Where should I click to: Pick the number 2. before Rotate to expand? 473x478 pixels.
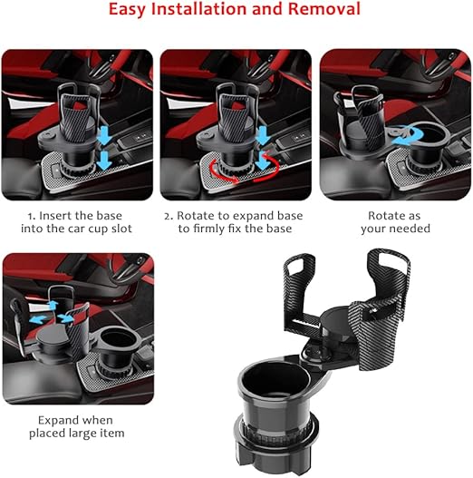(169, 217)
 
